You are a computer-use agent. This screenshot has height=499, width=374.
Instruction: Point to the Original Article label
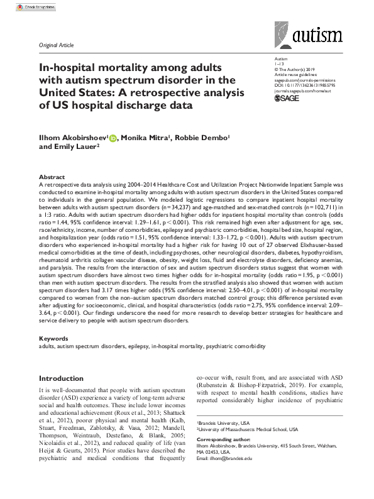click(56, 46)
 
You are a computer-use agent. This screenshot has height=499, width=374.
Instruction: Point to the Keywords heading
click(53, 338)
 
